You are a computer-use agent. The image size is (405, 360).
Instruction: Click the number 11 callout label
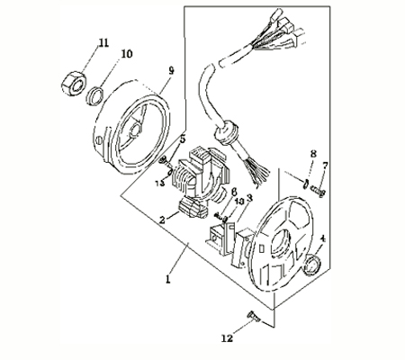point(104,42)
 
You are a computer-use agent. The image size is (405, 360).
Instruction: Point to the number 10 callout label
point(127,54)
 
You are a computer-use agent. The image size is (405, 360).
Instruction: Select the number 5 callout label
point(183,139)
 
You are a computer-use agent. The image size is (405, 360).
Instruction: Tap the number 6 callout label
point(233,192)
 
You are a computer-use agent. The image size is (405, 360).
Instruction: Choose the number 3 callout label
point(248,198)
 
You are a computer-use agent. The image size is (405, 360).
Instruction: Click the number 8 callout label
point(312,154)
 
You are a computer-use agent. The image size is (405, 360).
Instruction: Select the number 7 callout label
point(326,166)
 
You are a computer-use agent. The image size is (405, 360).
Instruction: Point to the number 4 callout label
point(323,238)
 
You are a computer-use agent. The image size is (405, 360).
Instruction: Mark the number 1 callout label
point(167,280)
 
